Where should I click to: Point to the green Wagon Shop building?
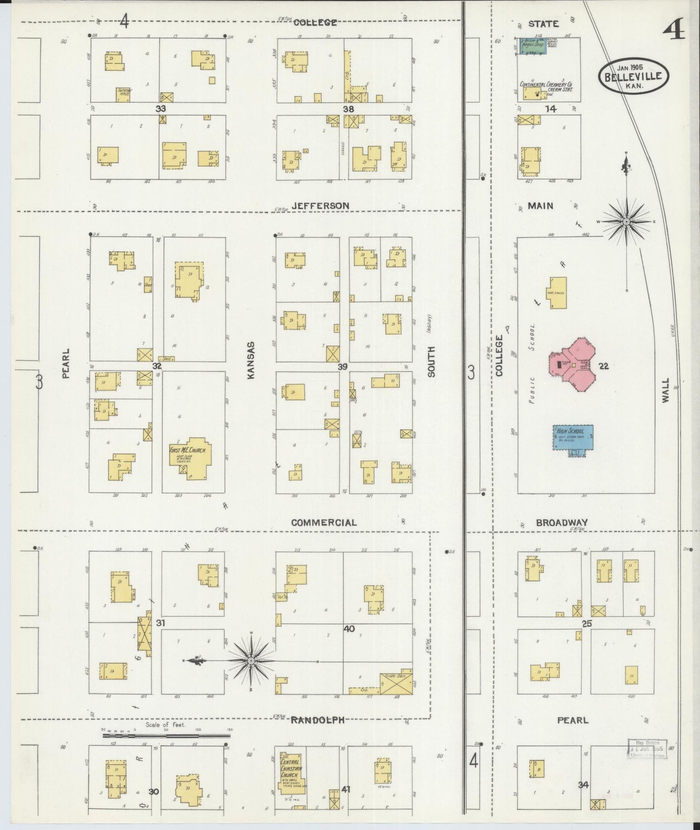point(533,46)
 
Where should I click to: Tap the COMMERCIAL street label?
point(324,523)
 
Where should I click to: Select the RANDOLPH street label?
point(317,720)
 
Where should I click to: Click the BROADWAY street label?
point(561,523)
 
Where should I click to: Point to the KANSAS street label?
point(251,360)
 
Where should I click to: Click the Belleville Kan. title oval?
point(634,76)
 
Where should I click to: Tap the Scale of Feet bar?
point(166,736)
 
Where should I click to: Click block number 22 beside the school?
point(603,366)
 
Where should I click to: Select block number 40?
point(349,629)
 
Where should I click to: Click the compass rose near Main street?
point(626,221)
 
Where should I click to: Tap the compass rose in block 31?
point(251,661)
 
